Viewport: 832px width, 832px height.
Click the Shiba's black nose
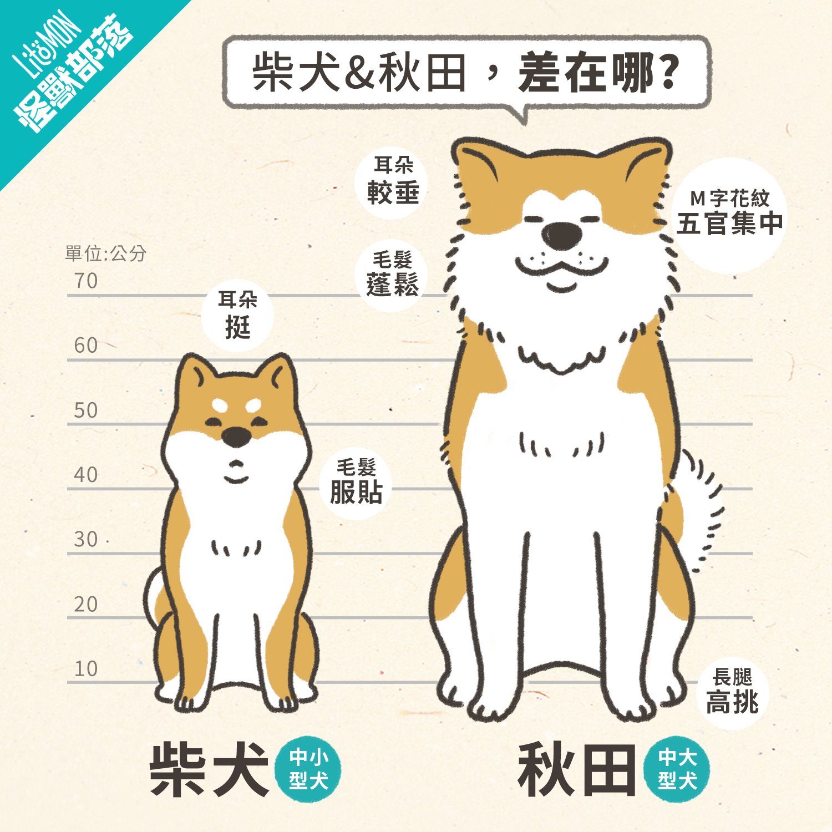[236, 437]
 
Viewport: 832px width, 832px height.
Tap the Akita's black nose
[562, 236]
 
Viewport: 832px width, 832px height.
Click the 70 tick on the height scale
[86, 281]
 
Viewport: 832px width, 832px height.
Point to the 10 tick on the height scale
[86, 669]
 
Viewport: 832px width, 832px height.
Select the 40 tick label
[86, 475]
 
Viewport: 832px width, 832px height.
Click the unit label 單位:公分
[105, 253]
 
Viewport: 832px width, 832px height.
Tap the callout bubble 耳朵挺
[237, 314]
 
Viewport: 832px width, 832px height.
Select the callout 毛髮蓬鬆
[393, 274]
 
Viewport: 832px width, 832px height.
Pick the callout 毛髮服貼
[356, 481]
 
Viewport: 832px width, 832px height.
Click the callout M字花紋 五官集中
[729, 213]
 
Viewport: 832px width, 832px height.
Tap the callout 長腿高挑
[732, 691]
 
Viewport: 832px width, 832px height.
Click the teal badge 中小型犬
[308, 769]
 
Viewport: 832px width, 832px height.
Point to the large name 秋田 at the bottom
[577, 770]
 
